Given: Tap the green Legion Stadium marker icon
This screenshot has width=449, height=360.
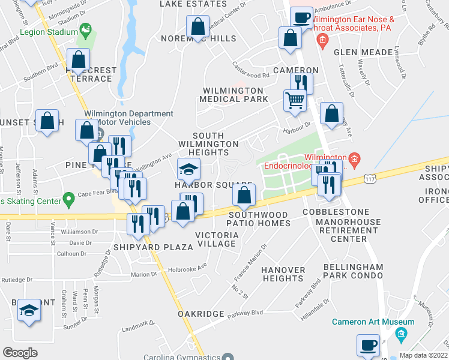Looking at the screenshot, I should click(86, 28).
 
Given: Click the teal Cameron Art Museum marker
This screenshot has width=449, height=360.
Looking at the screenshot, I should click(402, 333).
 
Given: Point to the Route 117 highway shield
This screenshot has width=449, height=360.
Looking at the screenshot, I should click(370, 179).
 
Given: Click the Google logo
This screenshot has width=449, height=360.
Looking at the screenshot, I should click(20, 353).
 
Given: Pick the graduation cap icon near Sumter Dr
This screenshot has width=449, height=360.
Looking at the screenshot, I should click(28, 310).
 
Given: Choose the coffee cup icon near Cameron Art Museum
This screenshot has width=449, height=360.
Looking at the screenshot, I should click(368, 345).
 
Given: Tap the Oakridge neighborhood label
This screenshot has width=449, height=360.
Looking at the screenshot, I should click(200, 314).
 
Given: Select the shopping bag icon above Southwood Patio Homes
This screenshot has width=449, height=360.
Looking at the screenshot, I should click(244, 195).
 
